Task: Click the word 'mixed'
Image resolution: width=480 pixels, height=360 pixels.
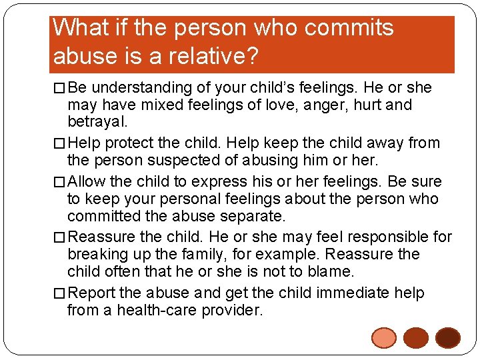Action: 149,105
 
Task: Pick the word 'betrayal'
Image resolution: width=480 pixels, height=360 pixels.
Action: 96,123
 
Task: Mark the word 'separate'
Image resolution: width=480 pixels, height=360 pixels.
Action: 251,216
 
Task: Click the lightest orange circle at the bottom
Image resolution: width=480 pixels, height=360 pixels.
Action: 384,338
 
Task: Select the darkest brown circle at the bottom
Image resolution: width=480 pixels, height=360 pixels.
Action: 447,338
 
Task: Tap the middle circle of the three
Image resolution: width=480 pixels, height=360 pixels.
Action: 416,338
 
